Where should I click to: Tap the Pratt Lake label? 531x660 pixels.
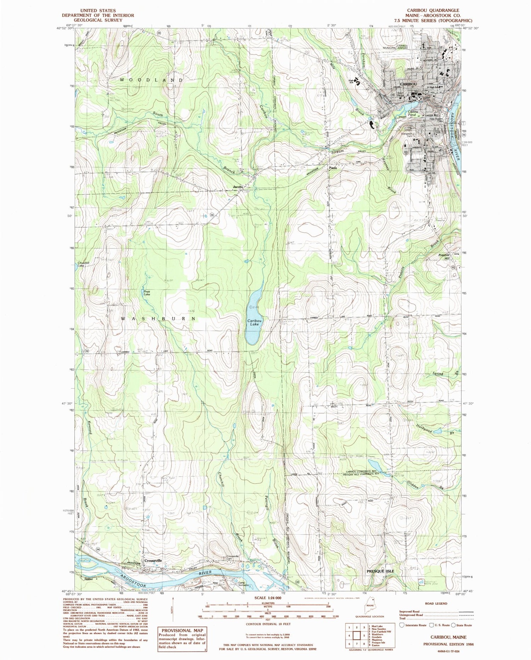click(x=147, y=293)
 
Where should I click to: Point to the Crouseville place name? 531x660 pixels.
click(x=153, y=561)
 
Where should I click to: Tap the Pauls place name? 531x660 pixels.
click(x=332, y=168)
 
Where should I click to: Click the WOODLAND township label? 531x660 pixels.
click(x=151, y=80)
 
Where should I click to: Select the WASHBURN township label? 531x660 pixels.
click(x=158, y=319)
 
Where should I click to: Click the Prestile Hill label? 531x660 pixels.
click(x=444, y=257)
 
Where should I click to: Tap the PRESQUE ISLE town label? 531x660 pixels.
click(x=381, y=571)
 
